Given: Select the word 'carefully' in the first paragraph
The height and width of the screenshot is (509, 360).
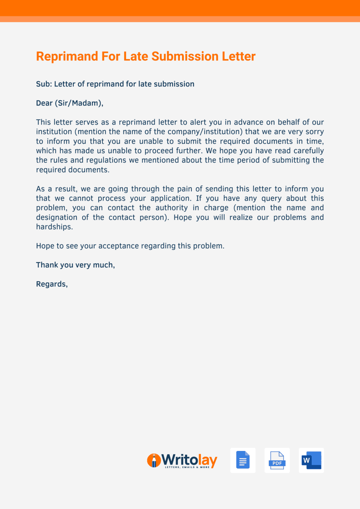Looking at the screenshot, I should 309,151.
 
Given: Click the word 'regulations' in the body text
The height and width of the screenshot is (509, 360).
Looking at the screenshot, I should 96,160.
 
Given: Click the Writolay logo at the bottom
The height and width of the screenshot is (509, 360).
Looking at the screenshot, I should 182,461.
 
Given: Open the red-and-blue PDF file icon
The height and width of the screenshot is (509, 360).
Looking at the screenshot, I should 277,460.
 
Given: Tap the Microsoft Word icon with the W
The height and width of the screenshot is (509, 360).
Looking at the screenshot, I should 311,460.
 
